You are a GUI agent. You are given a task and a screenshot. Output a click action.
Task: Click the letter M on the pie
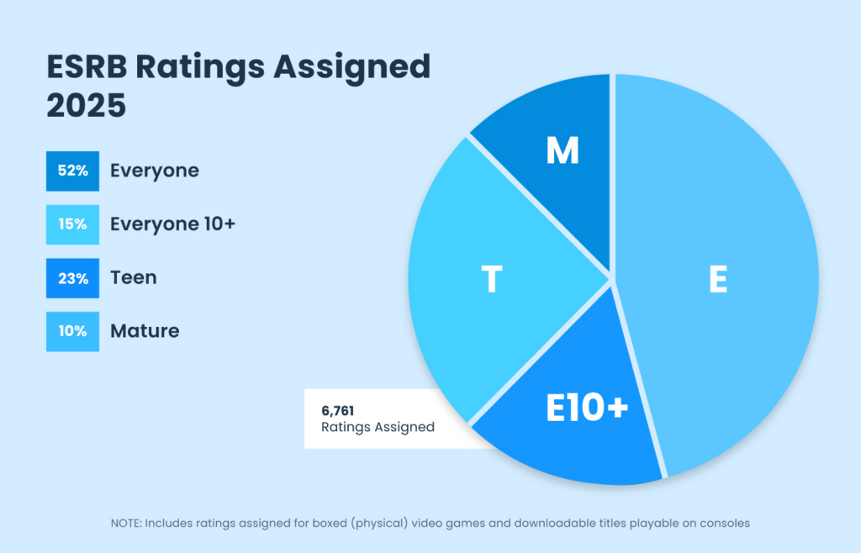click(563, 151)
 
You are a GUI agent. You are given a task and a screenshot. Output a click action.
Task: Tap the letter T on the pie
click(492, 280)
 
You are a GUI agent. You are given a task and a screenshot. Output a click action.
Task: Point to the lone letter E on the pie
click(717, 280)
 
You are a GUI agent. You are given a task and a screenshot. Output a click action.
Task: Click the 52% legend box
click(73, 171)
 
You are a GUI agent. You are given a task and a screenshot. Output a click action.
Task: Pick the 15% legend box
click(73, 224)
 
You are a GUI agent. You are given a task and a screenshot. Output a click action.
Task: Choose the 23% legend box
click(73, 278)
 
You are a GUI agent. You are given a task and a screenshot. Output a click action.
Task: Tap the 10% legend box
click(73, 331)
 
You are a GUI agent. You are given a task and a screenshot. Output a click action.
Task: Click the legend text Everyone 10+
click(172, 224)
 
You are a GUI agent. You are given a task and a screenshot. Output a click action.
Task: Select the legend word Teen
click(134, 278)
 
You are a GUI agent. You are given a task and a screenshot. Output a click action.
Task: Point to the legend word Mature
click(145, 331)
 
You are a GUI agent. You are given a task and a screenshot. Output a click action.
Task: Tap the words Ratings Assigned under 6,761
click(378, 427)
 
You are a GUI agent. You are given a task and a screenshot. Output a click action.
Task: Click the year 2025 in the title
click(86, 107)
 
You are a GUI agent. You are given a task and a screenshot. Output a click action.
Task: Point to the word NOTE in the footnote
click(126, 523)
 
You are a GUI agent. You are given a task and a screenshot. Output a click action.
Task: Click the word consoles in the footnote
click(724, 523)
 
